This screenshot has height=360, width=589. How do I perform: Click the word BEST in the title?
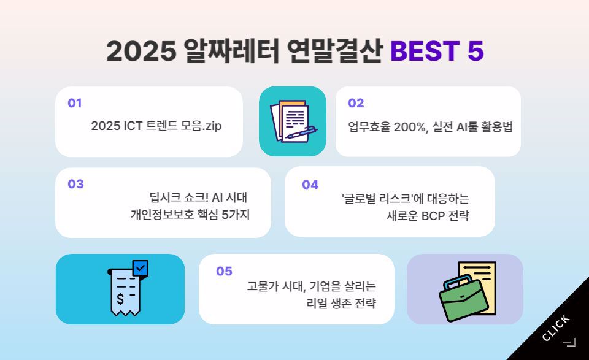425,51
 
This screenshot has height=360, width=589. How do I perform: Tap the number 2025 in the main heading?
141,51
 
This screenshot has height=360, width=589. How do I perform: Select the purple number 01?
75,103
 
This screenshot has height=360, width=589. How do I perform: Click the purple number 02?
356,103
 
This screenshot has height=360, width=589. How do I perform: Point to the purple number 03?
75,184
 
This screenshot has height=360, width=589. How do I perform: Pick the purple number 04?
310,185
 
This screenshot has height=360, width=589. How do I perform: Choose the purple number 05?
224,271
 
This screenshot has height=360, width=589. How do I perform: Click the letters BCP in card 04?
433,216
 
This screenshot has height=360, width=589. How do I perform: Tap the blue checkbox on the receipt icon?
140,269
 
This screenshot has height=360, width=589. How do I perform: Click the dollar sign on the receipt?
120,299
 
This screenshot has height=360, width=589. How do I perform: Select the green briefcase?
464,299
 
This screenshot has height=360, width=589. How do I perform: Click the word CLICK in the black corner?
556,328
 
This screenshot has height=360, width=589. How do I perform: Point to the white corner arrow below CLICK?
569,340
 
